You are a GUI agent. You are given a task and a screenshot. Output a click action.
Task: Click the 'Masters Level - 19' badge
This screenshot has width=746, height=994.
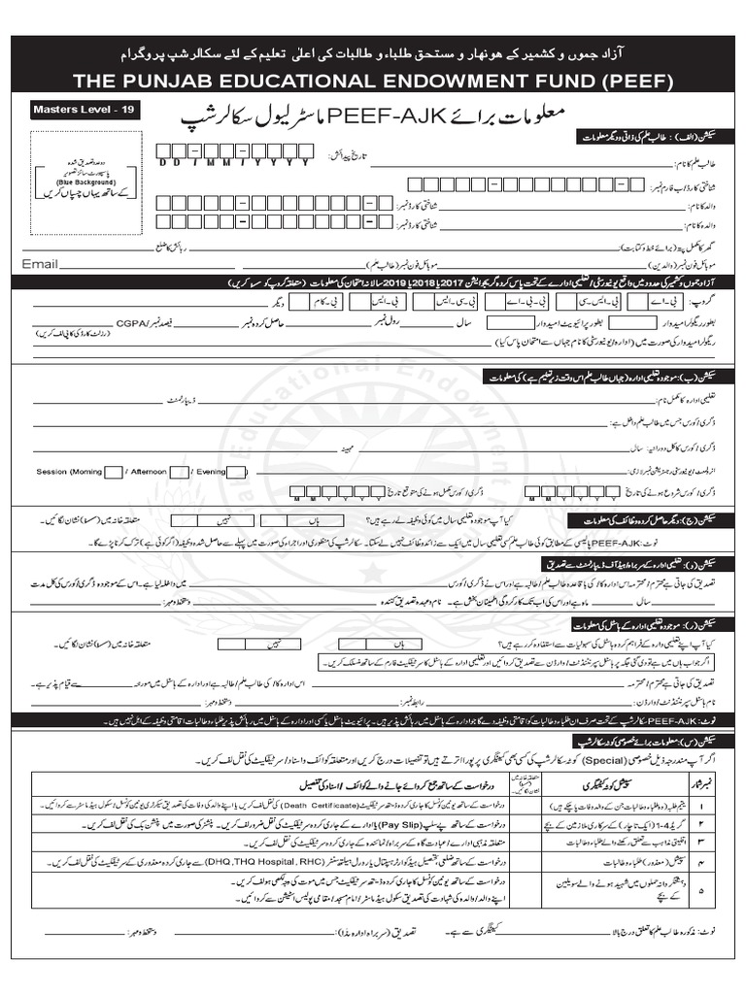pos(85,111)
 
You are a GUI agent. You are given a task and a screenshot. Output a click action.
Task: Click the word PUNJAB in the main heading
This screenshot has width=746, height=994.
pos(186,79)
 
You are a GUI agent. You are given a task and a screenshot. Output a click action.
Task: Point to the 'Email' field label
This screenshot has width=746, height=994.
pos(41,263)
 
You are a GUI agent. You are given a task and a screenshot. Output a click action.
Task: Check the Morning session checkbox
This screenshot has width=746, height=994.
pos(113,472)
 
